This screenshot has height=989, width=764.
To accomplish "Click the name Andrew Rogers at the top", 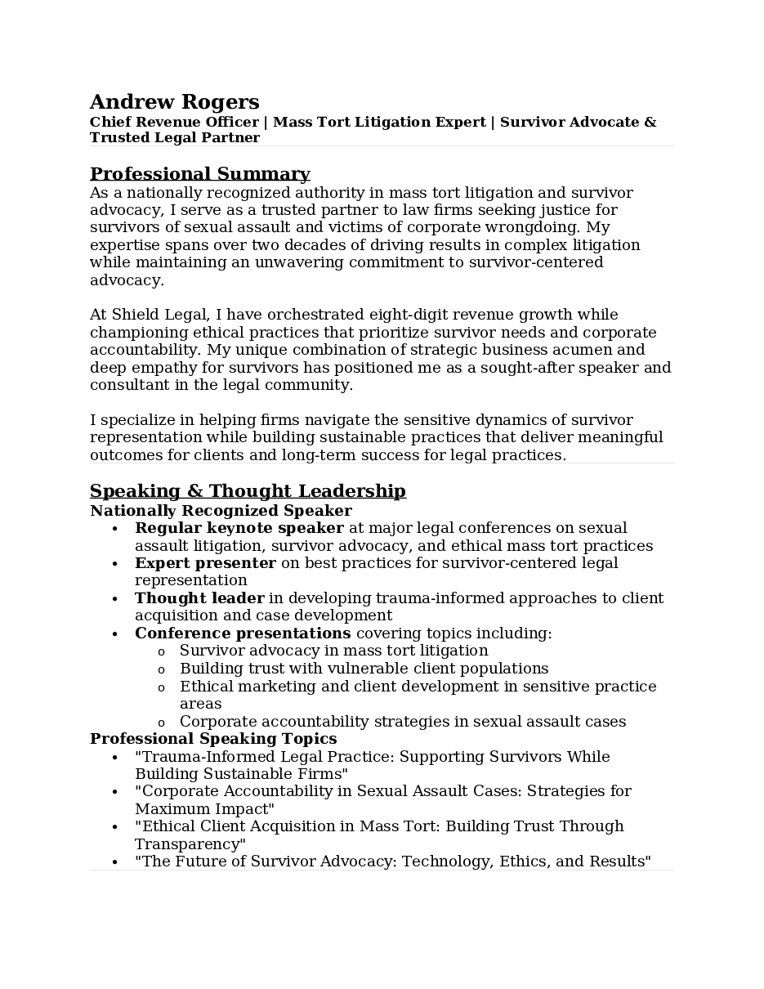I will pos(174,102).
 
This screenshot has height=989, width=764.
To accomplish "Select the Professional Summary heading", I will pos(199,174).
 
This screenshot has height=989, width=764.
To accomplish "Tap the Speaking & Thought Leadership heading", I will pos(248,491).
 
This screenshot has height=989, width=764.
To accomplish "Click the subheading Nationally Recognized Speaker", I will pos(221,511).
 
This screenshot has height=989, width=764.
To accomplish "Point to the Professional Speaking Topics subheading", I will pos(213,739).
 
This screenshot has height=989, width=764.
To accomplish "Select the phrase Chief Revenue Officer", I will pos(173,123).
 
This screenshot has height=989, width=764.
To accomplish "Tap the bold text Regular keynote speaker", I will pos(239,529).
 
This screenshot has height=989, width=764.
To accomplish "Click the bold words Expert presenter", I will pos(205,563).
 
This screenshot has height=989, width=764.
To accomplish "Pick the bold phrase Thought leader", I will pos(199,598).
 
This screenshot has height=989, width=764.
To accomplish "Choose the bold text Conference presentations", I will pos(243,633).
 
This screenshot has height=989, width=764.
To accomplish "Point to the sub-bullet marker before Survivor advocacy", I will pos(161,652).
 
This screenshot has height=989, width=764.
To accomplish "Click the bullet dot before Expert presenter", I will pos(115,564).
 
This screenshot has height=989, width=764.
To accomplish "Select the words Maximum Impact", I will pos(203,809).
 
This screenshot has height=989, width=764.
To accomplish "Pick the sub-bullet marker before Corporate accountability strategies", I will pos(161,723).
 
